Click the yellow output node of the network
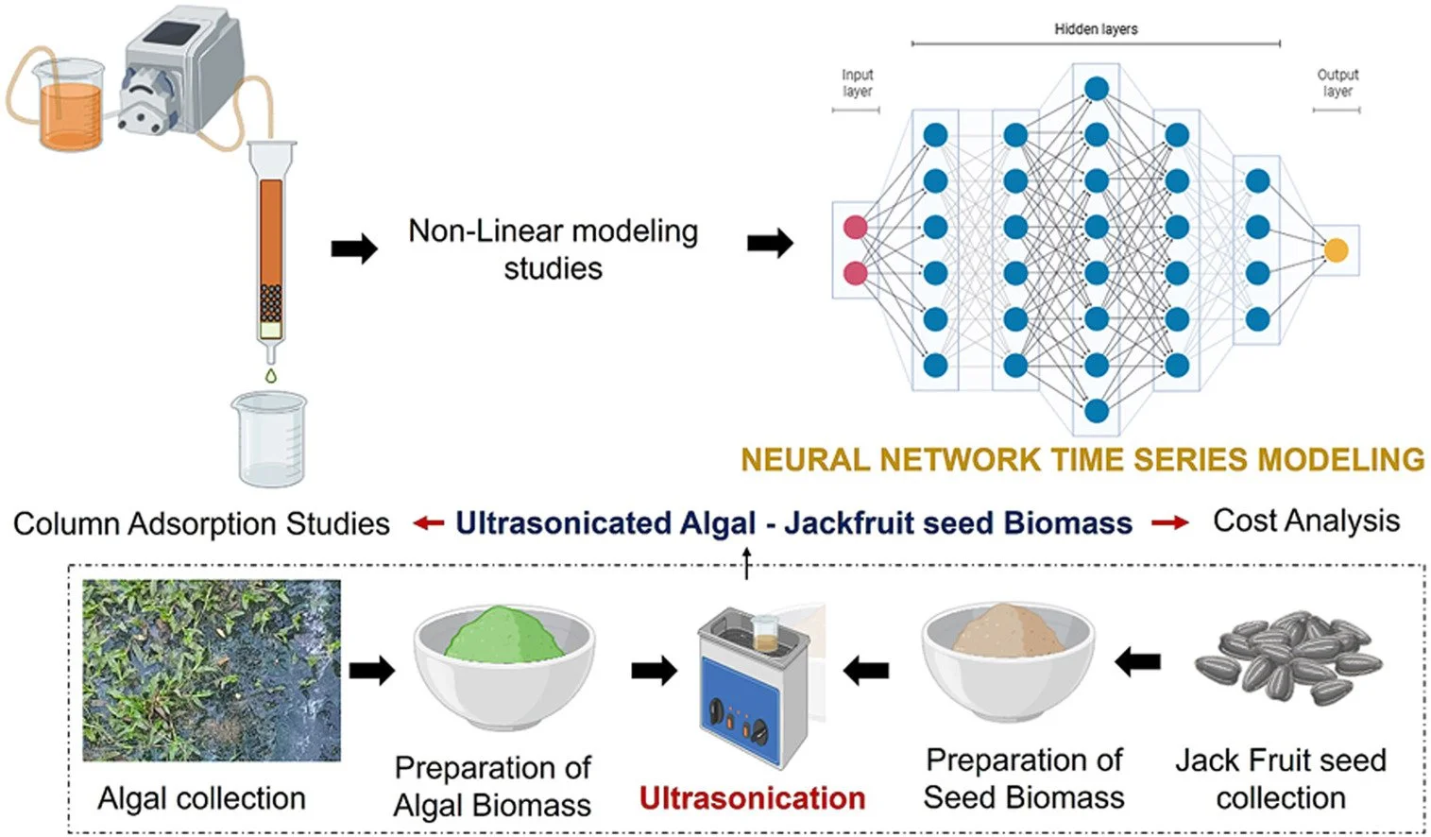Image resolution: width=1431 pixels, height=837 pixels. pyautogui.click(x=1336, y=250)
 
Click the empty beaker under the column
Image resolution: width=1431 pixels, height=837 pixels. pyautogui.click(x=270, y=439)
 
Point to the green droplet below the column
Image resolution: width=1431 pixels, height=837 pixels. pyautogui.click(x=271, y=376)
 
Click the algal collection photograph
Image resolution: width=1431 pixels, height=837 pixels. pyautogui.click(x=212, y=670)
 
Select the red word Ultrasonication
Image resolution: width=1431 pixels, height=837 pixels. pyautogui.click(x=752, y=798)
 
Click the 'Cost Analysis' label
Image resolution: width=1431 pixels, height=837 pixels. pyautogui.click(x=1306, y=521)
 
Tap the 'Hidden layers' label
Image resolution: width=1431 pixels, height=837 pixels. pyautogui.click(x=1096, y=29)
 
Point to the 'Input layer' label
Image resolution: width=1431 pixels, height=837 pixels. pyautogui.click(x=857, y=83)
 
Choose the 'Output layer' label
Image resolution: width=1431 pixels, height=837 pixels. pyautogui.click(x=1337, y=83)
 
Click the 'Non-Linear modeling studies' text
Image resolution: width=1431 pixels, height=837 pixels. pyautogui.click(x=554, y=249)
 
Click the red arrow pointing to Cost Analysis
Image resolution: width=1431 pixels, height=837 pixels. pyautogui.click(x=1170, y=522)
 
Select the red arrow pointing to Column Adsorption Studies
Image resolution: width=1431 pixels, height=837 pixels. pyautogui.click(x=429, y=522)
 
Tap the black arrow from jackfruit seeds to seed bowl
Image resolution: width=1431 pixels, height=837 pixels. pyautogui.click(x=1138, y=662)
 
